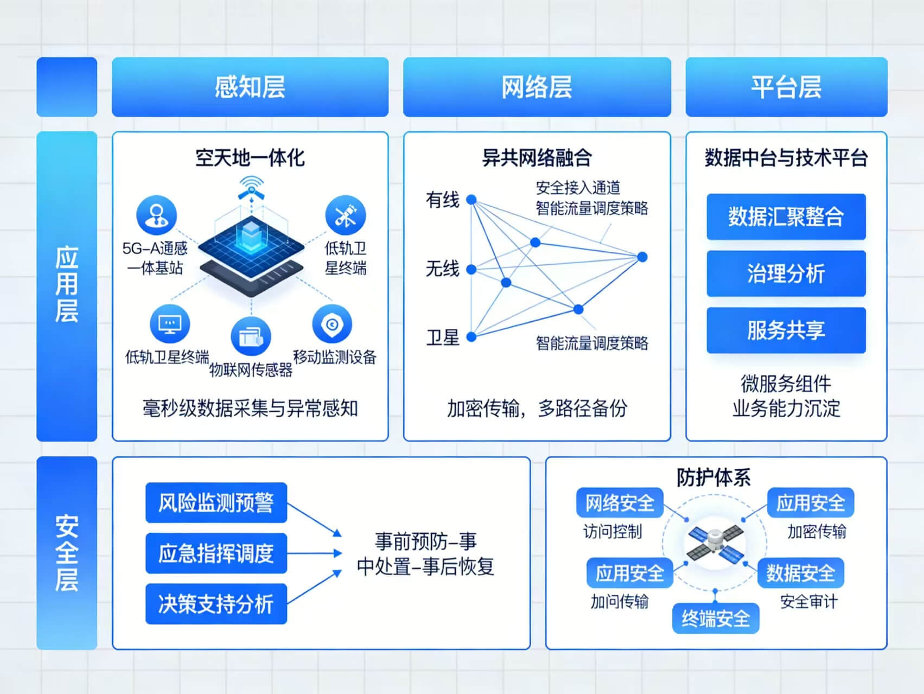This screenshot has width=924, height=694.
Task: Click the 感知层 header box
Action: click(250, 87)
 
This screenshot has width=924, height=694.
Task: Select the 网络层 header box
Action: click(537, 87)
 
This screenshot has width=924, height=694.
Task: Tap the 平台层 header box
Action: click(786, 87)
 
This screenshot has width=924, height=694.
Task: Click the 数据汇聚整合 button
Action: click(786, 217)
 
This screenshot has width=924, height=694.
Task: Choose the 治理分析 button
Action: click(786, 273)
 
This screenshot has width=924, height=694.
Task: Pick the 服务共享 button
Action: click(786, 330)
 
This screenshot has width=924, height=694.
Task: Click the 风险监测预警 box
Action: click(216, 503)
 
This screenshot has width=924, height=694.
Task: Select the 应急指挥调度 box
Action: click(216, 553)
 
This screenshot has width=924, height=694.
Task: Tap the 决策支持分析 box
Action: click(216, 604)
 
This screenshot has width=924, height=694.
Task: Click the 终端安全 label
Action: click(716, 619)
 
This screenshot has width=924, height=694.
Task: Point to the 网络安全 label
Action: click(620, 503)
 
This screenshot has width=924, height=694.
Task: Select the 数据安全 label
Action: click(801, 573)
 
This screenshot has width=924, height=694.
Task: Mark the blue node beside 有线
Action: click(471, 200)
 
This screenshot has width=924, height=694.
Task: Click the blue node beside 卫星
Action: click(471, 337)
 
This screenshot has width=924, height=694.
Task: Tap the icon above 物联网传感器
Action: click(251, 336)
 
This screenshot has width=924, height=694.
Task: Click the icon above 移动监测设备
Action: click(332, 324)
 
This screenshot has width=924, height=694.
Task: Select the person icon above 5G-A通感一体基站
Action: click(156, 215)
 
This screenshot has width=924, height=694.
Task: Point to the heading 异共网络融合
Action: click(537, 158)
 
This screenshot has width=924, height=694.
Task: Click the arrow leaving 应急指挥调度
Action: click(315, 553)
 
